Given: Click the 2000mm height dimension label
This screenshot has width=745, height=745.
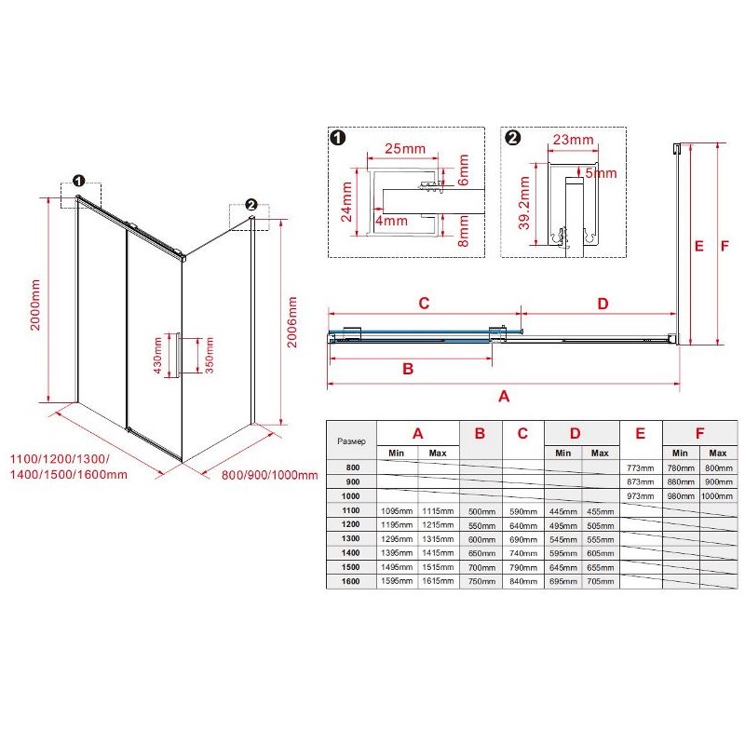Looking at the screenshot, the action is (35, 305).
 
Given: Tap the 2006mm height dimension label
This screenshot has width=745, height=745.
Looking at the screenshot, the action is (292, 322).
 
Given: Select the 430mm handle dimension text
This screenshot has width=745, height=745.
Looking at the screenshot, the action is (158, 356).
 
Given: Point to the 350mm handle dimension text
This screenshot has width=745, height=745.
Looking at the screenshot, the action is (209, 355).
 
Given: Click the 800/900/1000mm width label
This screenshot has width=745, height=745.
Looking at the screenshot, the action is (269, 475).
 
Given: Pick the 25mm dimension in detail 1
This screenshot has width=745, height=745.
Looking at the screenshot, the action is (405, 149).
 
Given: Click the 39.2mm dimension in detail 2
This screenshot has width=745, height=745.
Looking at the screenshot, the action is (523, 202).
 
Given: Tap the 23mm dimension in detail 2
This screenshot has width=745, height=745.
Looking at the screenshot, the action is (573, 140).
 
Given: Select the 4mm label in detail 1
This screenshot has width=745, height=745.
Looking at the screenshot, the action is (391, 221).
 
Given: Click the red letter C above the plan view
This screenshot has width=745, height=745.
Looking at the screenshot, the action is (424, 304).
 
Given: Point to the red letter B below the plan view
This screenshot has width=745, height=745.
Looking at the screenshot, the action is (408, 369).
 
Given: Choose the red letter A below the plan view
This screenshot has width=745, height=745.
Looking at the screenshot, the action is (504, 397).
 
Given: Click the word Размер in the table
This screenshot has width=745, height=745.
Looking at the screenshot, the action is (352, 441).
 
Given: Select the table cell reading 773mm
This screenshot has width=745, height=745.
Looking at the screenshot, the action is (640, 468).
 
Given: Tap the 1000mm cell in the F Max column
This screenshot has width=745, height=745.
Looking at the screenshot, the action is (717, 496).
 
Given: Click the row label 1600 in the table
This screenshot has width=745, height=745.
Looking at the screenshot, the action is (351, 581).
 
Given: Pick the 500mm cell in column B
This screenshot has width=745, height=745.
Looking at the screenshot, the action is (481, 511).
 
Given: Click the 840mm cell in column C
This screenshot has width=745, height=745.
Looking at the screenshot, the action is (523, 581).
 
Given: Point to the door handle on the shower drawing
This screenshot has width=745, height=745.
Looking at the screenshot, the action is (177, 356).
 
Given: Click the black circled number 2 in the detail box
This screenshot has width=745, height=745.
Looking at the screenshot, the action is (514, 138).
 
